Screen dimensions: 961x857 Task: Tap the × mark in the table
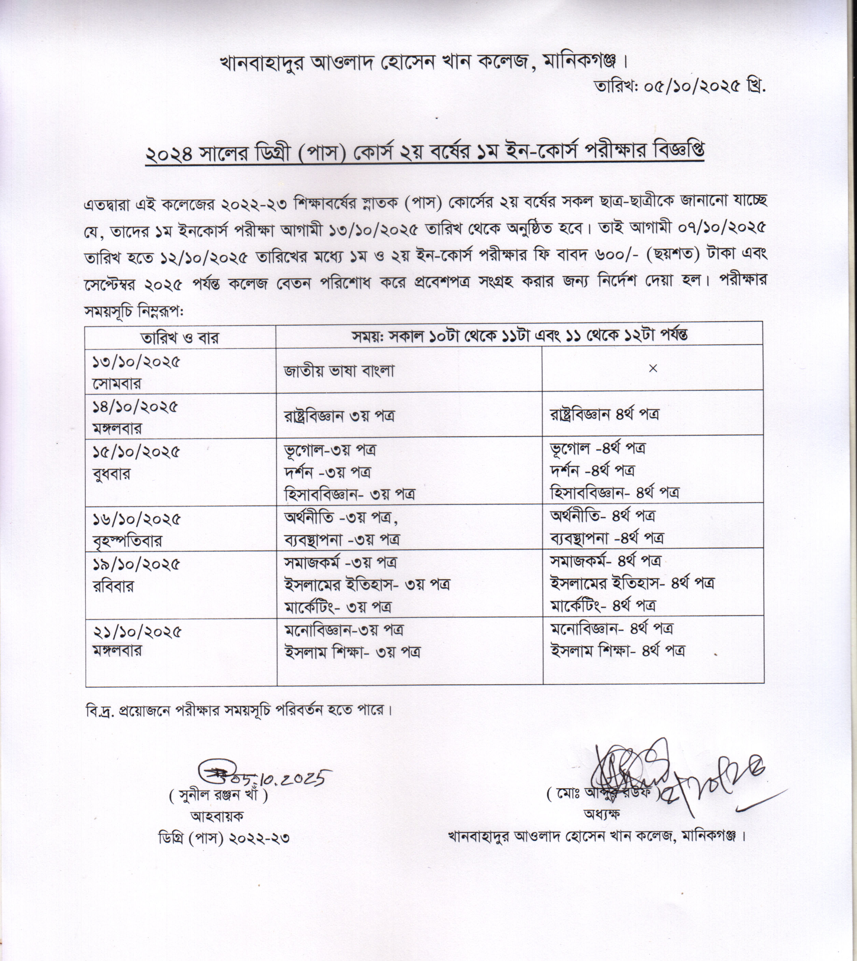point(652,369)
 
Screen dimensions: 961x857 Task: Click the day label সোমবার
point(116,383)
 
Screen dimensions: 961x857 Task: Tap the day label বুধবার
point(112,473)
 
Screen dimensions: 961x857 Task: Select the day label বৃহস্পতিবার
point(127,540)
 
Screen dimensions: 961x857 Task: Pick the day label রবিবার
point(113,586)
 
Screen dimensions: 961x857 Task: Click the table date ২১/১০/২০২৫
point(137,632)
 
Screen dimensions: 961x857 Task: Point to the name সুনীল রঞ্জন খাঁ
point(219,796)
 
